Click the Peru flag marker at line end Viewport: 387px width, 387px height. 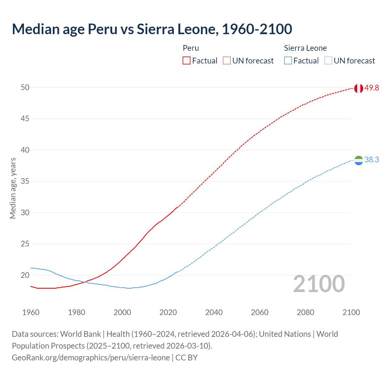tap(358, 88)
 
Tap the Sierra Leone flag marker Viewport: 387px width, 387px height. tap(358, 160)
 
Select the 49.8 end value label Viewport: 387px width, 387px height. tap(372, 88)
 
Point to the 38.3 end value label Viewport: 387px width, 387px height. tap(372, 160)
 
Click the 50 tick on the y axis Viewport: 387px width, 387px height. tap(25, 87)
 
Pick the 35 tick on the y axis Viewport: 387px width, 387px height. tap(25, 181)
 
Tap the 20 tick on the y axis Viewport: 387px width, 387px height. tap(25, 275)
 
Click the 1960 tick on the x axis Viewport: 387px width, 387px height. tap(31, 312)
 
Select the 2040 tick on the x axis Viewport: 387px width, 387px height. tap(214, 312)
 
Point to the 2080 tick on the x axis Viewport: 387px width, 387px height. tap(305, 312)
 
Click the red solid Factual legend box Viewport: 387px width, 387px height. tap(187, 61)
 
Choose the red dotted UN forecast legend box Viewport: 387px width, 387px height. tap(227, 61)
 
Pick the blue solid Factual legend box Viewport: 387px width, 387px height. tap(288, 61)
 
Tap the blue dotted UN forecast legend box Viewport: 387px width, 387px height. tap(328, 61)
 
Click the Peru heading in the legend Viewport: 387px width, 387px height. tap(191, 48)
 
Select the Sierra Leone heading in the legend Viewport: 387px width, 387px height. tap(305, 48)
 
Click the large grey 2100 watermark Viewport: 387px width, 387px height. tap(319, 284)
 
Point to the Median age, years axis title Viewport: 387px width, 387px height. tap(13, 188)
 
